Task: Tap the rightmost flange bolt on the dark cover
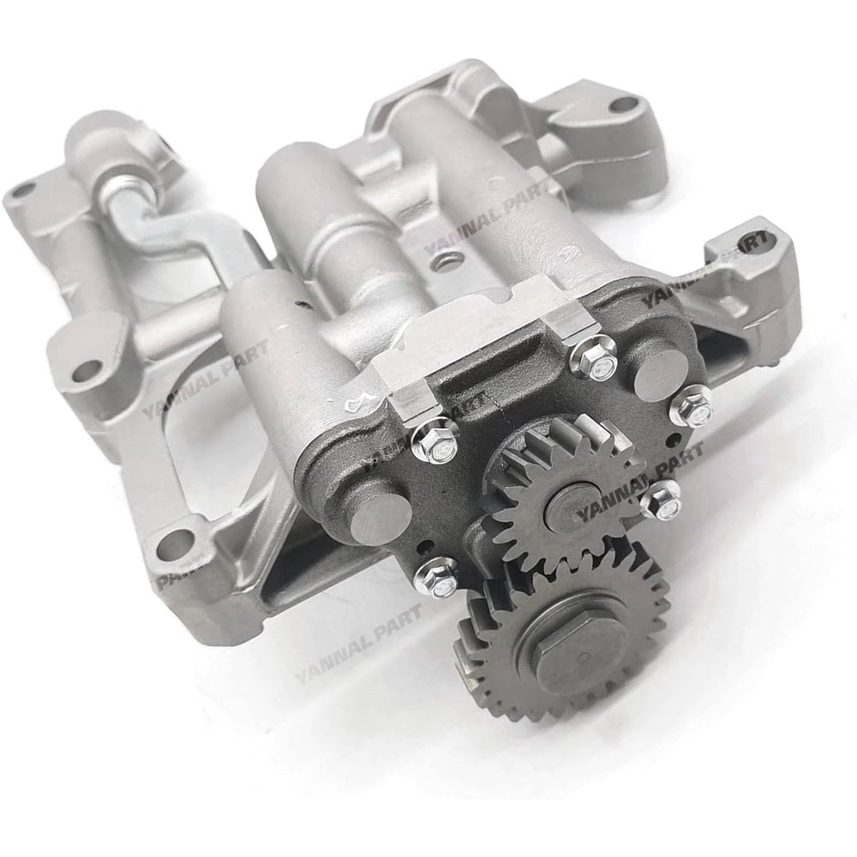coord(691,405)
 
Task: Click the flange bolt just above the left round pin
coord(435,438)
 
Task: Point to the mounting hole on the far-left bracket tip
coord(21,190)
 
